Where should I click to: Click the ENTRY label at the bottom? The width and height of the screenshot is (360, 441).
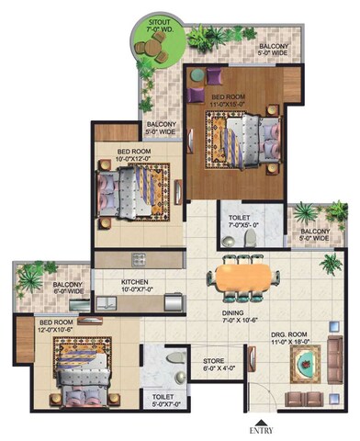pyautogui.click(x=259, y=429)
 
